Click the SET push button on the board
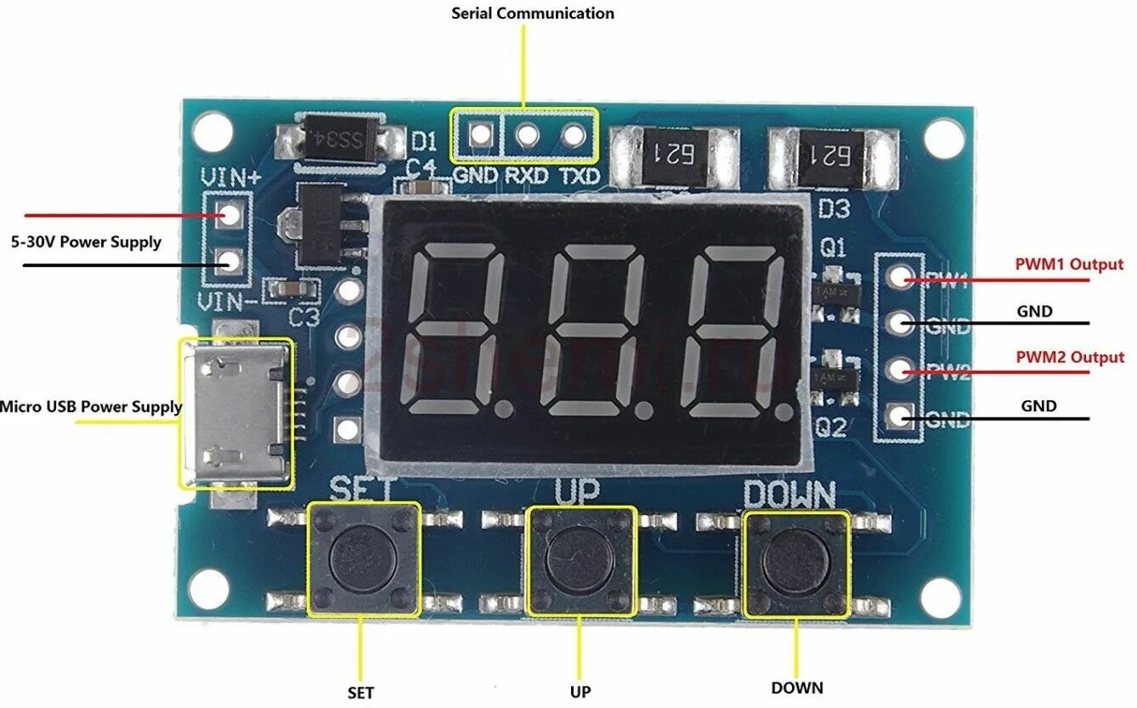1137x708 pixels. tap(363, 558)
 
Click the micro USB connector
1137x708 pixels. tap(235, 413)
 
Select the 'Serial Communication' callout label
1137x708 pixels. tap(533, 14)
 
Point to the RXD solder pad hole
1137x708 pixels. tap(527, 134)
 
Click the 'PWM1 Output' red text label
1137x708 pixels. tap(1069, 264)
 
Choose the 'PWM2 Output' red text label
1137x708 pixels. tap(1069, 358)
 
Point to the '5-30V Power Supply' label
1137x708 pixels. tap(86, 242)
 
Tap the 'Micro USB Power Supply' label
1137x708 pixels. tap(91, 407)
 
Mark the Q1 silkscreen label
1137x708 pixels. tap(833, 247)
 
